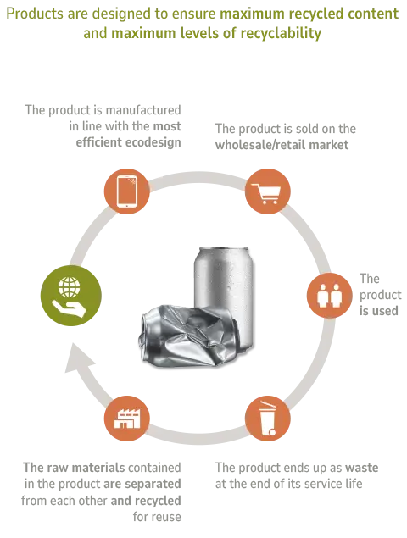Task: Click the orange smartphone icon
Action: point(126,191)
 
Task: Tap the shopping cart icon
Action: point(268,191)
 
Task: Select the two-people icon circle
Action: point(329,296)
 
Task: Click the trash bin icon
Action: point(268,419)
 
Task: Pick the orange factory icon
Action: point(126,419)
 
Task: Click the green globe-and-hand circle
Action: point(71,296)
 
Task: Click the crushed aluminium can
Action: point(188,336)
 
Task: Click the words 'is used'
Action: point(378,311)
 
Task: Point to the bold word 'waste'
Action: point(362,468)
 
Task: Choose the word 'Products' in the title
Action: point(31,14)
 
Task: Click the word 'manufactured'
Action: point(143,110)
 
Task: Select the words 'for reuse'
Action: point(157,517)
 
